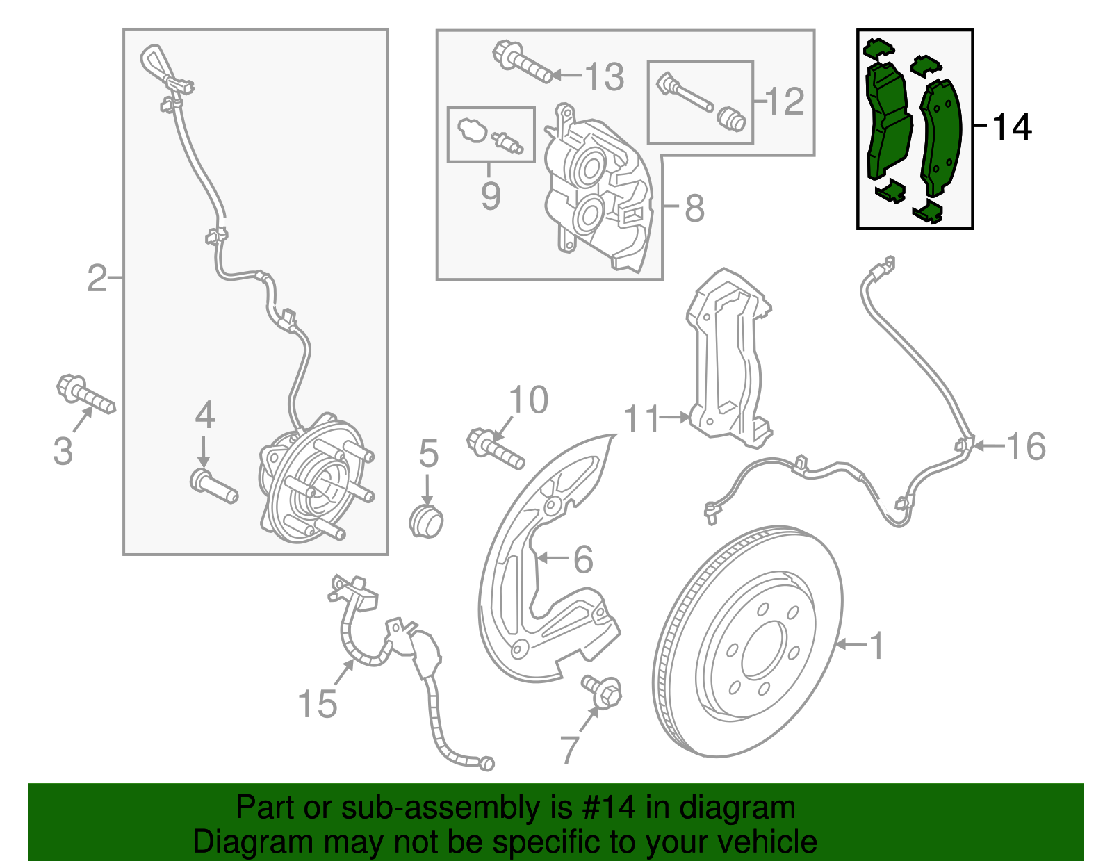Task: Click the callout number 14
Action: coord(1013,127)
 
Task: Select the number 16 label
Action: coord(1026,445)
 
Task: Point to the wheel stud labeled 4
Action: coord(213,486)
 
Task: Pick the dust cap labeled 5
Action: coord(425,521)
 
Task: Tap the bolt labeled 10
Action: coord(495,449)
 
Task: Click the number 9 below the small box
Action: coord(491,196)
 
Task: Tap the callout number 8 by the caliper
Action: coord(694,207)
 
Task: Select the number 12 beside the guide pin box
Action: coord(785,101)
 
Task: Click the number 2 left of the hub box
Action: coord(97,278)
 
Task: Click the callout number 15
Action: coord(317,703)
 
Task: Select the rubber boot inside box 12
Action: coord(731,119)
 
